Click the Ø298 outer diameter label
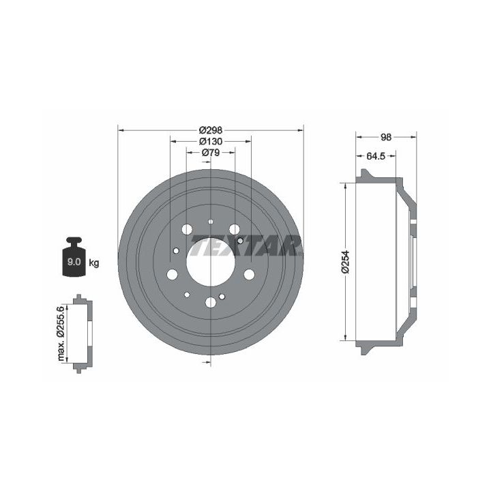coord(211,130)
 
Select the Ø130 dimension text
coord(211,142)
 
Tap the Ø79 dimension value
coord(211,153)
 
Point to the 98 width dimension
coord(386,137)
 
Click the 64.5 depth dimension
coord(376,156)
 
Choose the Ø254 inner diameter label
coord(345,262)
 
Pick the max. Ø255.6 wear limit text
coord(61,333)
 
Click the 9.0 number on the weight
coord(74,262)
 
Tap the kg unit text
coord(94,263)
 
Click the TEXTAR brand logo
coord(246,245)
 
